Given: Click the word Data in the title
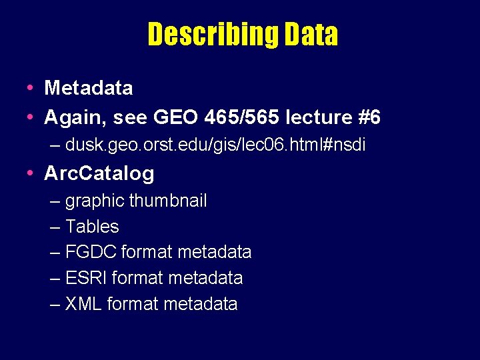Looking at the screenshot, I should click(x=311, y=35).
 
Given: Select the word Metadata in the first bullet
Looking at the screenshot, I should click(x=88, y=87).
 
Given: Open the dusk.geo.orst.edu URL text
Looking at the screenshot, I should click(x=215, y=145).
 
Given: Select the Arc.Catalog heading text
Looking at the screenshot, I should click(x=99, y=173).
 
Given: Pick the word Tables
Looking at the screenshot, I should click(x=92, y=227).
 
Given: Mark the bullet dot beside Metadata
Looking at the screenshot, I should click(x=31, y=88).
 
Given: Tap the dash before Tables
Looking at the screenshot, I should click(x=55, y=227).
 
